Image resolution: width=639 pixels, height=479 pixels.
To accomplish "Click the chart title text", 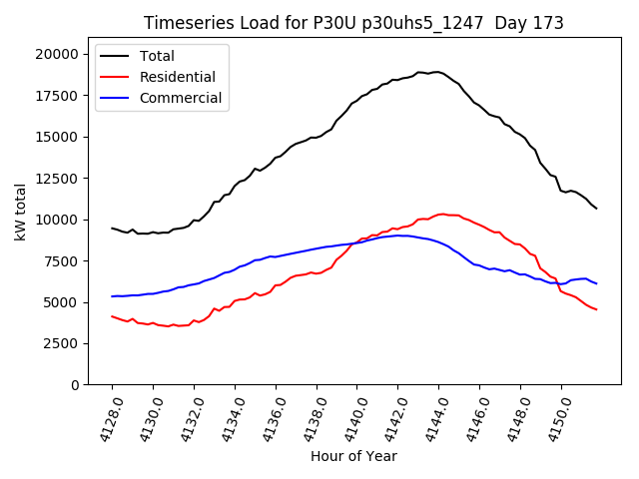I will pyautogui.click(x=353, y=23).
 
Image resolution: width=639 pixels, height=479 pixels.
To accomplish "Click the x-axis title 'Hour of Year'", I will pyautogui.click(x=353, y=456).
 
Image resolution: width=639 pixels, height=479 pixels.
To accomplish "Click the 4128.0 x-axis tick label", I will pyautogui.click(x=107, y=418).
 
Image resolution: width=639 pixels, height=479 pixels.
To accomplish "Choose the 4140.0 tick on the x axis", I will pyautogui.click(x=351, y=418).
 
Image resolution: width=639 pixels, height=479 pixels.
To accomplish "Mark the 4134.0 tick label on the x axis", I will pyautogui.click(x=229, y=418).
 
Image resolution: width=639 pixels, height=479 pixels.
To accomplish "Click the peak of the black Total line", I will pyautogui.click(x=436, y=72).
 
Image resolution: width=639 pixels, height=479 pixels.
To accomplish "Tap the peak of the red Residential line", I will pyautogui.click(x=442, y=214).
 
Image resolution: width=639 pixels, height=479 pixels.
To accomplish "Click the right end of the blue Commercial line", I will pyautogui.click(x=596, y=283).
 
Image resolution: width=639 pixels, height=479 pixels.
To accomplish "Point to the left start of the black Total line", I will pyautogui.click(x=112, y=228).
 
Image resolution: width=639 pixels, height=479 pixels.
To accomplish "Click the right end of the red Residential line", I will pyautogui.click(x=596, y=309).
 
